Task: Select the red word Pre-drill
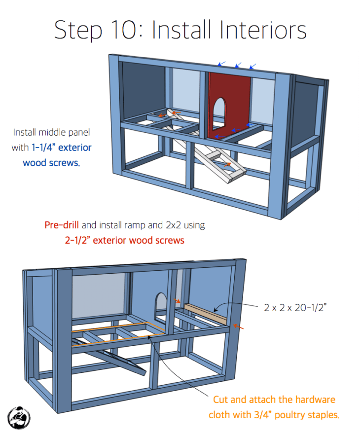62,225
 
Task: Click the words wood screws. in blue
51,162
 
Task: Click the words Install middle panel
51,132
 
